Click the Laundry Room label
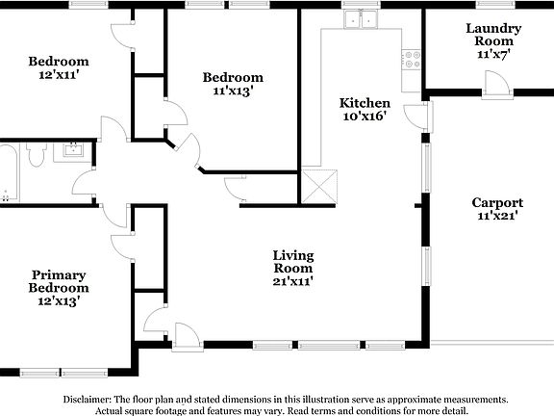493,41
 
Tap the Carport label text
497,209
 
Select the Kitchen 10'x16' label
365,109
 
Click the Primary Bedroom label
59,287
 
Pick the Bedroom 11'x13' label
232,84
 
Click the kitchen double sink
362,18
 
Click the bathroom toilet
38,155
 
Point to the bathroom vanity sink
73,150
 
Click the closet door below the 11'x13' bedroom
236,190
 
